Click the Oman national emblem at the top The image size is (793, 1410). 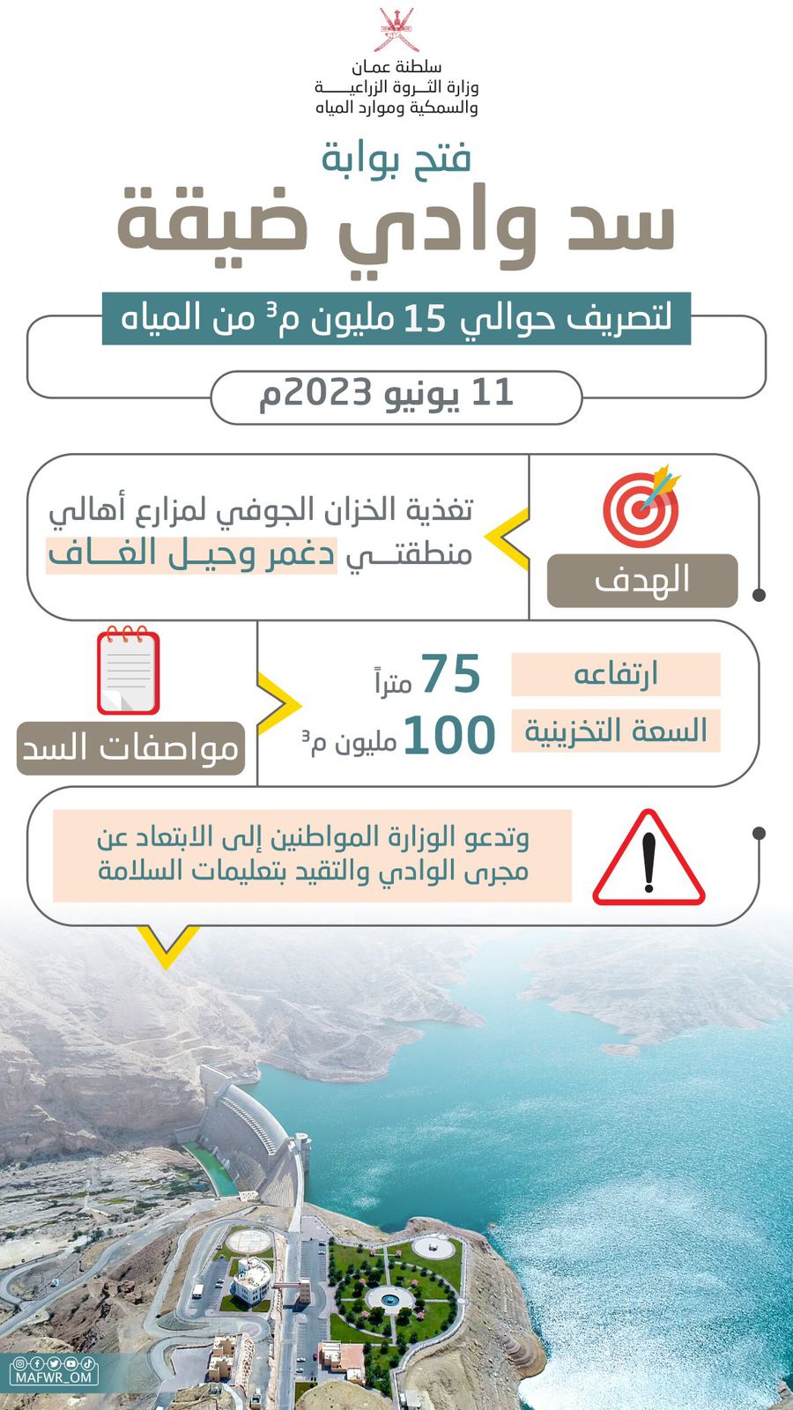tap(396, 31)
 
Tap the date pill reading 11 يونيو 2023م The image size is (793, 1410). tap(396, 397)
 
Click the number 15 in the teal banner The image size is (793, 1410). tap(425, 319)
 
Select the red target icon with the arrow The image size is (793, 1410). tap(641, 507)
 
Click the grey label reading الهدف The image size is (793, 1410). tap(641, 581)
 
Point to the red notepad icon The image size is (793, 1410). tap(129, 670)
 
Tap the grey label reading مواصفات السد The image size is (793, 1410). tap(130, 748)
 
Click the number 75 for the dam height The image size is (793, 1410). tap(450, 675)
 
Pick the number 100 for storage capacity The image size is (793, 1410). tap(449, 736)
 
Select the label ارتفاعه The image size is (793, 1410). tap(615, 674)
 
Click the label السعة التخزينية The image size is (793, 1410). tap(615, 731)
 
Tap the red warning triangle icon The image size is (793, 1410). tap(648, 859)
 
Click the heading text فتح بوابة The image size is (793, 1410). tap(396, 159)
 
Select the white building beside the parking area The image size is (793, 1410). tap(252, 1277)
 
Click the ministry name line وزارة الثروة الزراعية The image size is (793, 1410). tap(396, 87)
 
